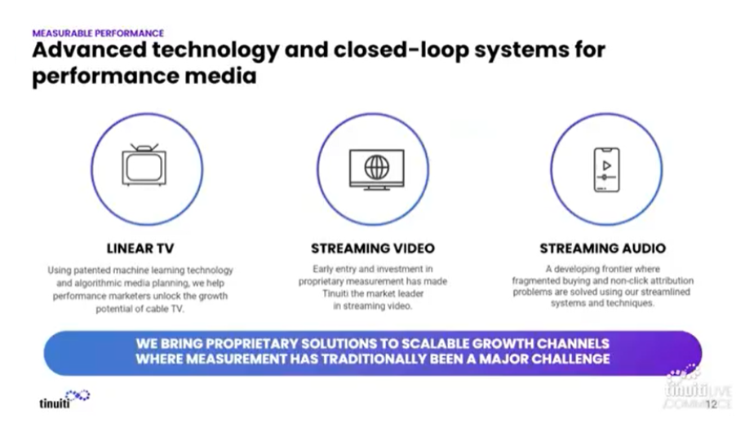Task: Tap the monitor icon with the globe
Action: click(377, 169)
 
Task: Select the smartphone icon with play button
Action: click(607, 169)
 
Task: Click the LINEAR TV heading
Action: click(140, 249)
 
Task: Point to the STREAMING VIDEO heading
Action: click(373, 249)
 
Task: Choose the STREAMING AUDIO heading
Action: click(602, 249)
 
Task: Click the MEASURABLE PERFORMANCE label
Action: click(98, 33)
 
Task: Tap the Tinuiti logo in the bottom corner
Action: click(64, 399)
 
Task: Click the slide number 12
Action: click(712, 404)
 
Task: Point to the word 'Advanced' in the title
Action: click(89, 50)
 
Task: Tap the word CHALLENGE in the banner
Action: click(570, 359)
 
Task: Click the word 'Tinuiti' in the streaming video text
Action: click(335, 293)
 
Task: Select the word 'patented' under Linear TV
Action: click(91, 271)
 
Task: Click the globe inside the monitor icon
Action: click(377, 167)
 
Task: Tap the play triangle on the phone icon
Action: click(607, 165)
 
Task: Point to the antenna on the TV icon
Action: click(144, 147)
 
